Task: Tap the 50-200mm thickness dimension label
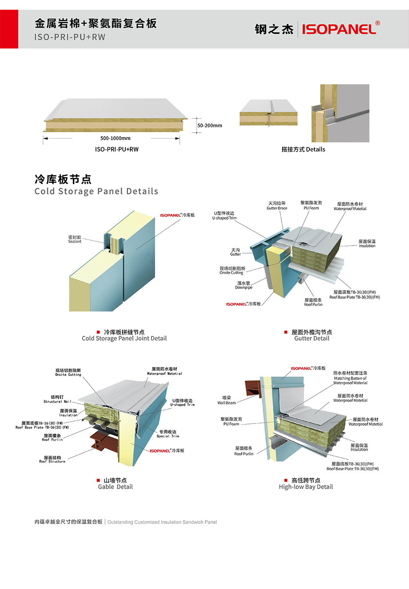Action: coord(209,125)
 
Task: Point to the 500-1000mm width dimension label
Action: coord(115,138)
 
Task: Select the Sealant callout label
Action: coord(75,239)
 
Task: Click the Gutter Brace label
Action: coord(277,206)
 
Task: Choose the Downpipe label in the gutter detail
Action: coord(244,285)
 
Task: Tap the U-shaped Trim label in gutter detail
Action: coord(224,216)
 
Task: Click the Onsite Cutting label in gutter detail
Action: coord(232,270)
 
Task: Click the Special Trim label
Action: coord(168,434)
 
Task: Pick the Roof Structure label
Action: coord(52,460)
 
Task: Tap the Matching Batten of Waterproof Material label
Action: coord(350,378)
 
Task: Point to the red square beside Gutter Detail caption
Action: coord(286,332)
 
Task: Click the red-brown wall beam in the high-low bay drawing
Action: coord(251,387)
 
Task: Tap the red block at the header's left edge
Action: coord(9,29)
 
